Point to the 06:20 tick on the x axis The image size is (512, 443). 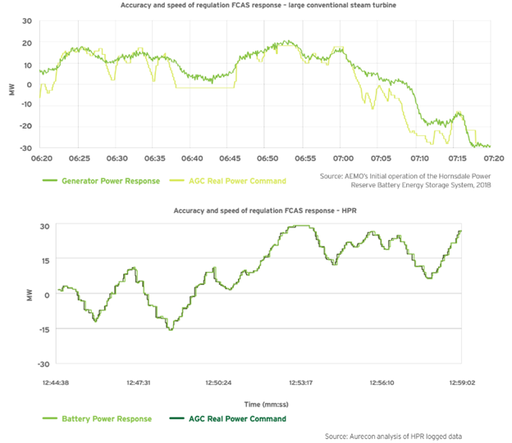(x=42, y=157)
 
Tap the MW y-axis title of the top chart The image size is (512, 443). (x=11, y=85)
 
